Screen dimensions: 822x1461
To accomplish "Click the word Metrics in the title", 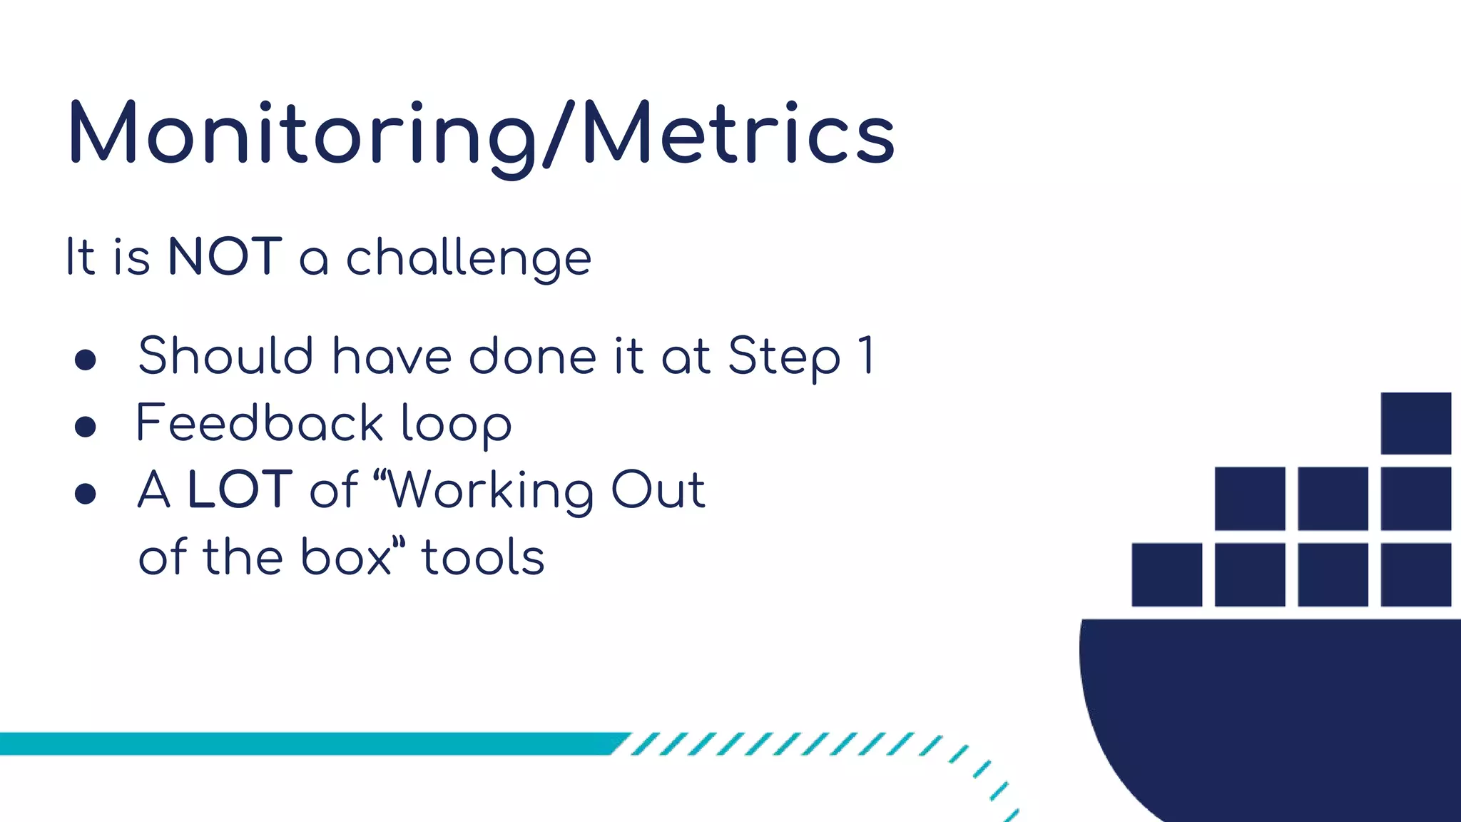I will click(738, 134).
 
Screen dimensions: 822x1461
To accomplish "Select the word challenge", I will click(469, 258).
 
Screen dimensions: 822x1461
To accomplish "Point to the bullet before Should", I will click(86, 360).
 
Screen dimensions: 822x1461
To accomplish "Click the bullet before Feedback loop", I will click(86, 427).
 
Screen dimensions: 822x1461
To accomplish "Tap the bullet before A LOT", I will click(86, 493).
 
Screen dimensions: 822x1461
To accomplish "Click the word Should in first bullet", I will click(225, 355).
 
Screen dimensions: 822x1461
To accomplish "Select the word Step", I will click(784, 357).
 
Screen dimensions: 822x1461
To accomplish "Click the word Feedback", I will click(260, 422).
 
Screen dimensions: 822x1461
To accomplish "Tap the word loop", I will click(456, 425).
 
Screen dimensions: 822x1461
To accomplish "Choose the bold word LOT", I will click(240, 489).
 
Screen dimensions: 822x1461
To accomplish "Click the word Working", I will click(490, 491).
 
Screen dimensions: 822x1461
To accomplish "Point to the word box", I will click(346, 557).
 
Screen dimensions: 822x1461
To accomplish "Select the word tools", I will click(483, 557).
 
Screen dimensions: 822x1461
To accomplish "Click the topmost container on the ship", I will click(1415, 423).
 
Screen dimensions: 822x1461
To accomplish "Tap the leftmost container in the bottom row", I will click(1166, 574).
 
